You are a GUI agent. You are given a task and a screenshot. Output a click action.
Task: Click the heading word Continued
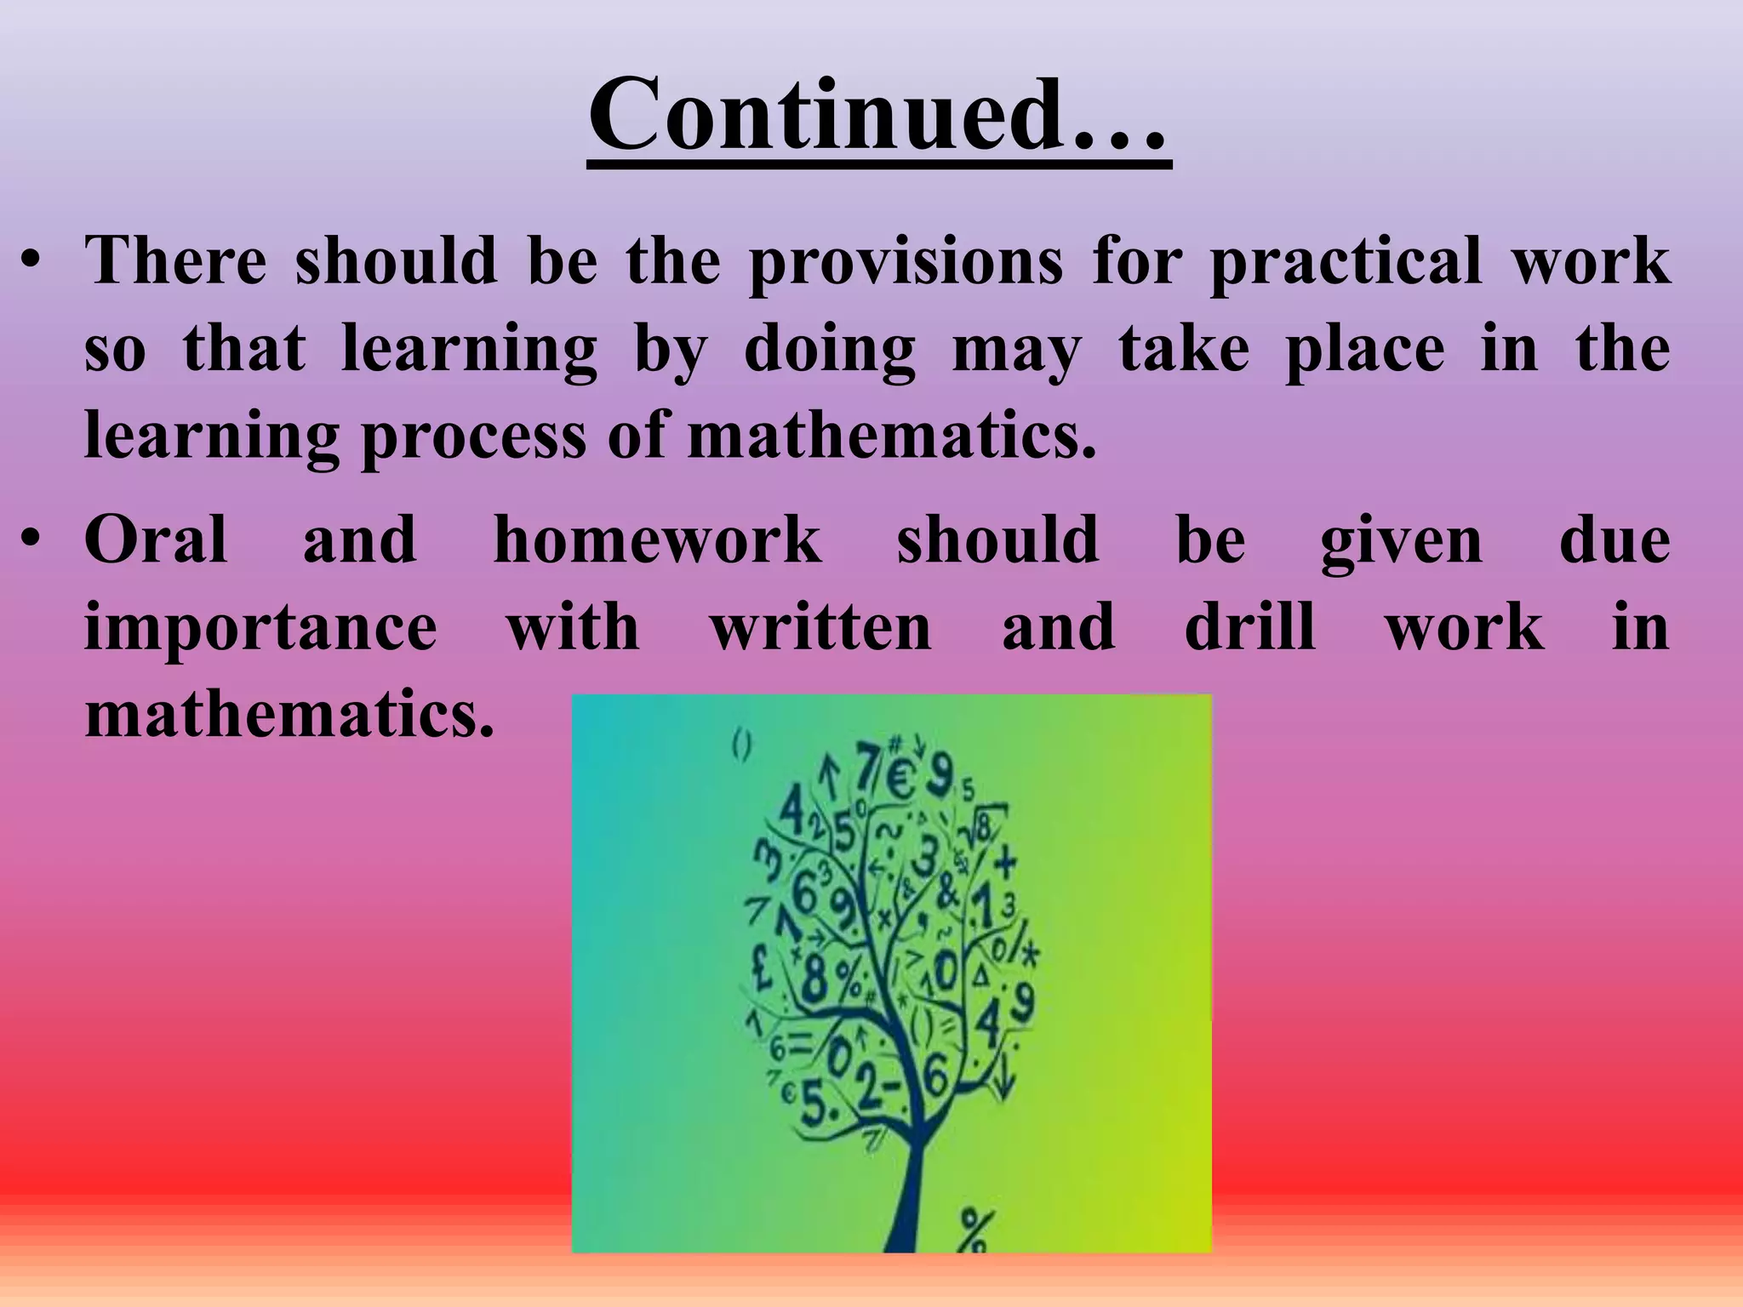[877, 115]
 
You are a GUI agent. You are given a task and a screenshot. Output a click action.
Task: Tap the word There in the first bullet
[175, 260]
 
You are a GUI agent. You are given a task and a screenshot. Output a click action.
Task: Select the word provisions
[906, 262]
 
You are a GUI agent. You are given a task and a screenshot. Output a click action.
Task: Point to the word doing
[829, 351]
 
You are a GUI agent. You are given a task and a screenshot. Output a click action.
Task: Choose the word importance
[260, 630]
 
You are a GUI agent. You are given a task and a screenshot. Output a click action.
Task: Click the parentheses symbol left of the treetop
[741, 747]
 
